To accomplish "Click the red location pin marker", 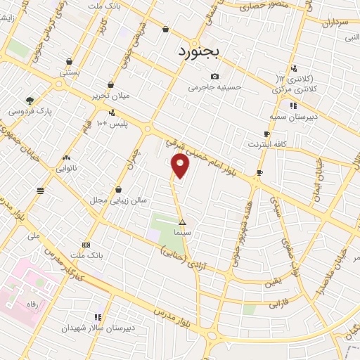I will click(181, 166).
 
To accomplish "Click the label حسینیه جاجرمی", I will click(214, 88).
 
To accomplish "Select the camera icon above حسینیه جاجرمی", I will click(214, 77).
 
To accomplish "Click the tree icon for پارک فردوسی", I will click(30, 100).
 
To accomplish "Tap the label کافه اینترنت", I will click(265, 144).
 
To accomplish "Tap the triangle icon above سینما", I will click(182, 221).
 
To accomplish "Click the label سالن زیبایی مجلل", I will click(117, 200).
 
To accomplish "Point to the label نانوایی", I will click(67, 169).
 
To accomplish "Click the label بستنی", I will click(70, 72).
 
